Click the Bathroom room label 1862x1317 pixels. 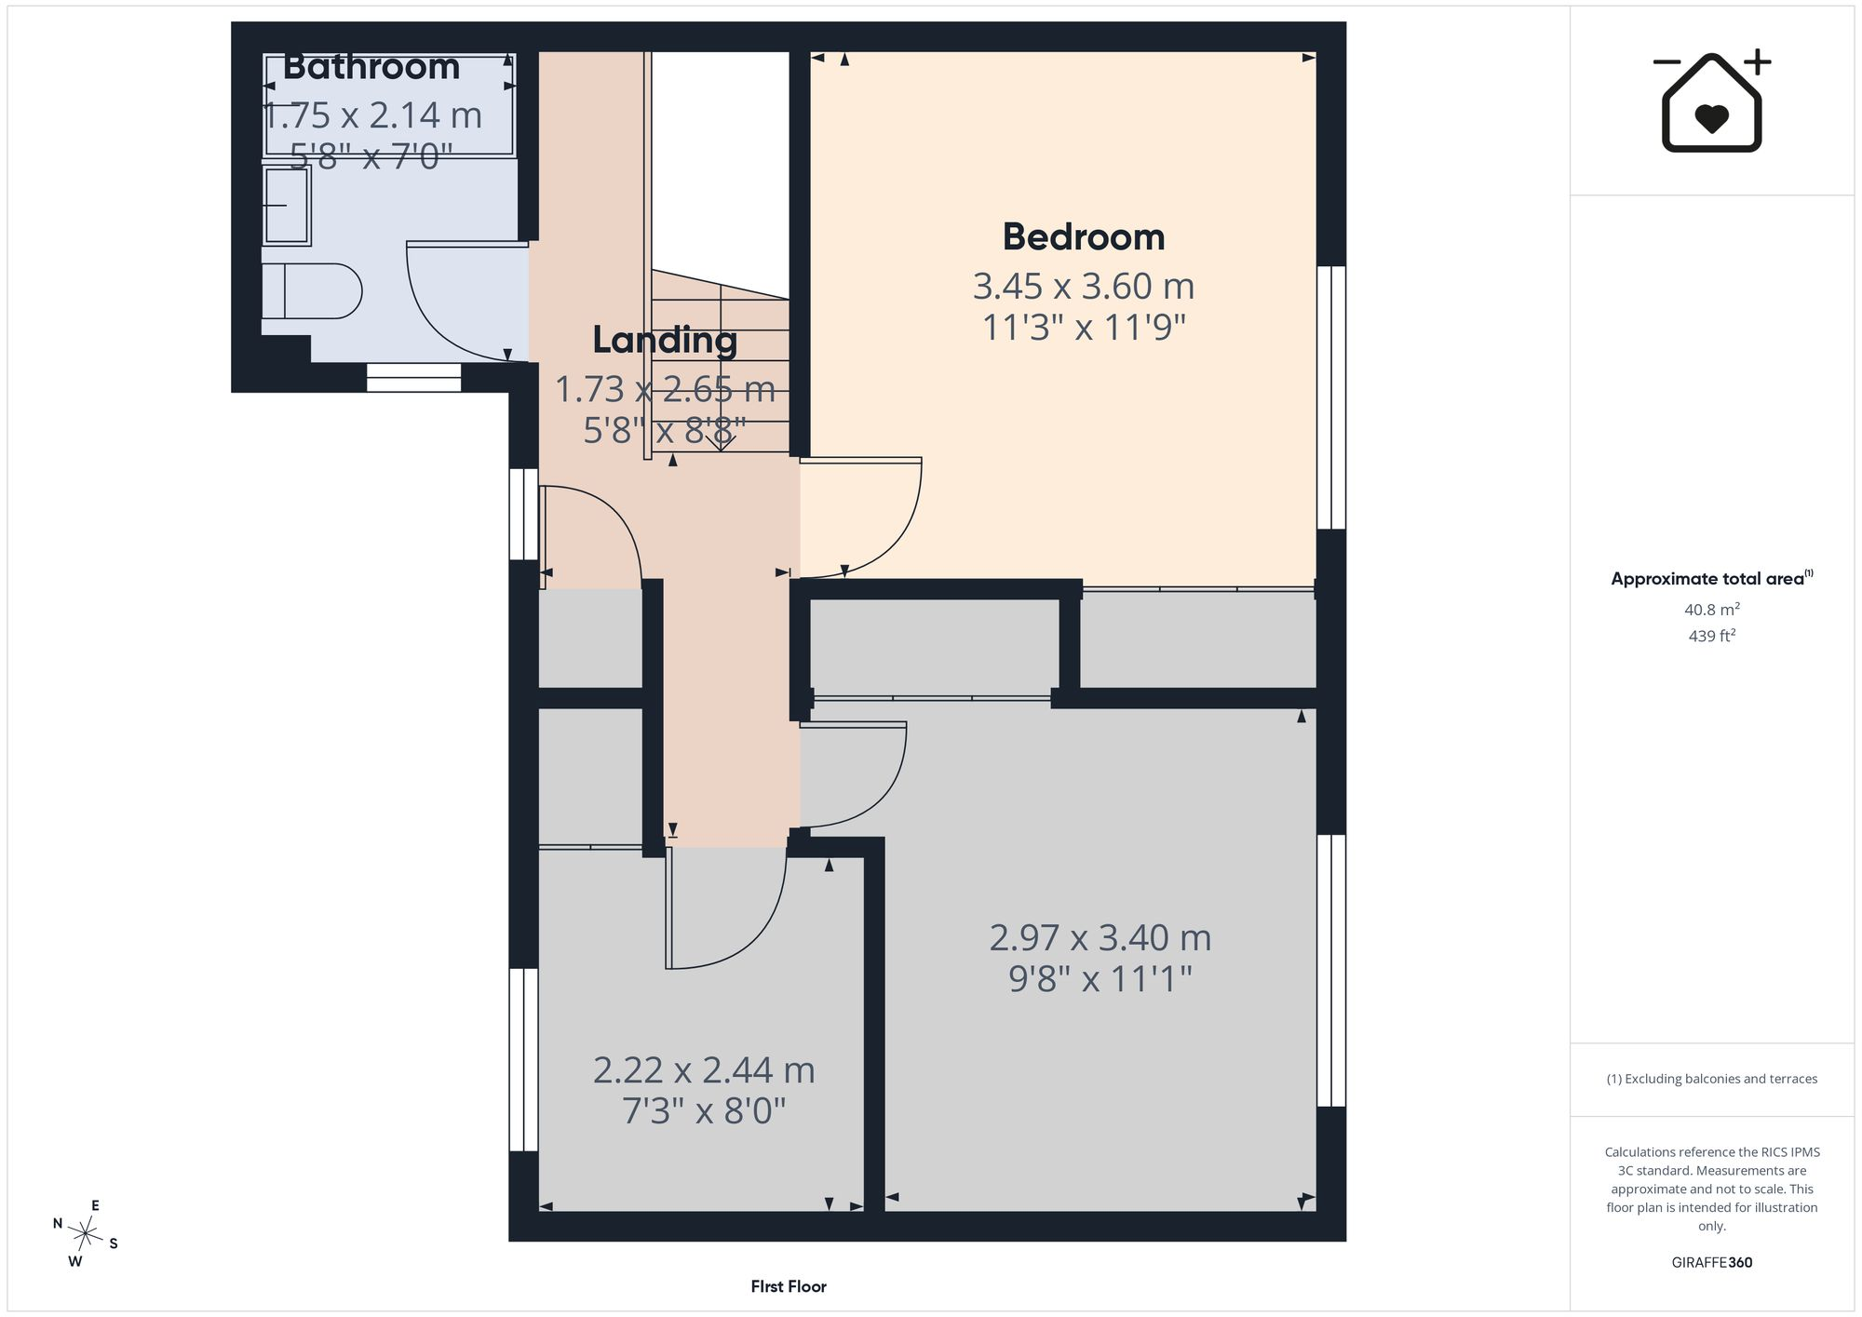[371, 67]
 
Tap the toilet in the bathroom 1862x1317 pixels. [311, 291]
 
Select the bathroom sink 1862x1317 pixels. [287, 205]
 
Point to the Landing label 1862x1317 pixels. [665, 340]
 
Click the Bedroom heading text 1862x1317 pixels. [1084, 236]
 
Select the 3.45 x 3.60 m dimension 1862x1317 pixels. [1084, 286]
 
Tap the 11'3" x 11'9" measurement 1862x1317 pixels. [1084, 328]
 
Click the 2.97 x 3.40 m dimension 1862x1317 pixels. [1100, 937]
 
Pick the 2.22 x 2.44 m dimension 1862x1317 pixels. [704, 1070]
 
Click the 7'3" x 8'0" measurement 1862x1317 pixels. [704, 1111]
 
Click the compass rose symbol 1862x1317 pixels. [86, 1234]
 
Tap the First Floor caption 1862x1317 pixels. [789, 1286]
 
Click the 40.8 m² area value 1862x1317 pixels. [1712, 610]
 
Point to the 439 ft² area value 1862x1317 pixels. [1712, 636]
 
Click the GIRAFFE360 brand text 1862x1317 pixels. [1712, 1263]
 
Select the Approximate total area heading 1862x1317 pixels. [1712, 578]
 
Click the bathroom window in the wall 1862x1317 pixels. [413, 377]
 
